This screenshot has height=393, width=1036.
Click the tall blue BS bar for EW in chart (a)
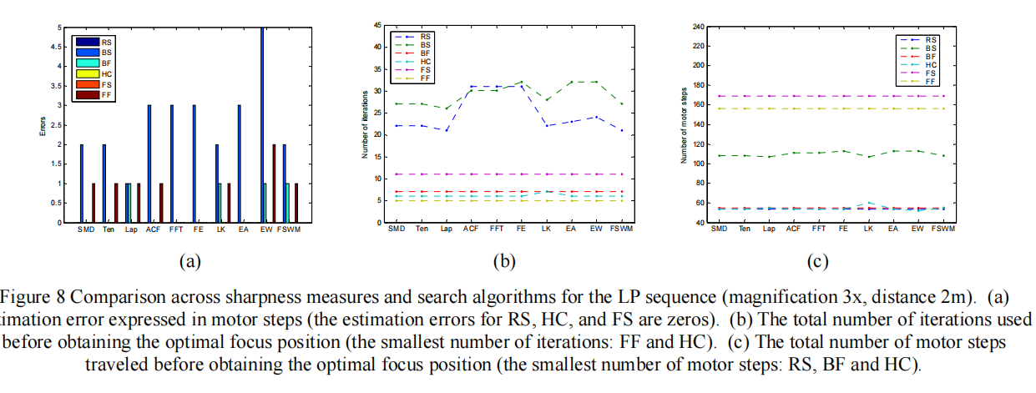pyautogui.click(x=263, y=125)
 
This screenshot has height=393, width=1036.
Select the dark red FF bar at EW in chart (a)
pyautogui.click(x=274, y=184)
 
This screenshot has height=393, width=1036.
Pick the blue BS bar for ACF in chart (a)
pyautogui.click(x=149, y=164)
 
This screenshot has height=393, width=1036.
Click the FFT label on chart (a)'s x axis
pyautogui.click(x=175, y=229)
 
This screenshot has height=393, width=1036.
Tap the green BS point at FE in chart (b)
pyautogui.click(x=522, y=82)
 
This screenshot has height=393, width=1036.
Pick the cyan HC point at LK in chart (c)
pyautogui.click(x=870, y=203)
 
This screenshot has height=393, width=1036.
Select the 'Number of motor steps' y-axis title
pyautogui.click(x=684, y=125)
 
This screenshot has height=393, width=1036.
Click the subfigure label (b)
pyautogui.click(x=503, y=261)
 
